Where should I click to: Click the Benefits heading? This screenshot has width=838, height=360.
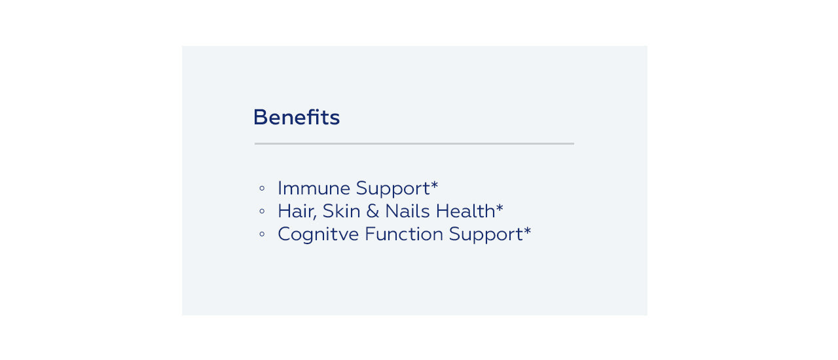pos(297,117)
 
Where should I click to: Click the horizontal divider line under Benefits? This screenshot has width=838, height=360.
pos(414,143)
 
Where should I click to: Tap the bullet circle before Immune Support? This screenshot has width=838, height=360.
pos(262,189)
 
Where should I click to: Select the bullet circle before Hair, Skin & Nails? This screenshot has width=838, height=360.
pos(262,211)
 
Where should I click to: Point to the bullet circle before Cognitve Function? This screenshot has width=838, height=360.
pos(262,234)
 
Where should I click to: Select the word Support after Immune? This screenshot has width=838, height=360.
pos(393,189)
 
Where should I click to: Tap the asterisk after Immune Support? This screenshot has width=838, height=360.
pos(434,185)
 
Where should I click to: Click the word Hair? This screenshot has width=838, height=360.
pos(295,211)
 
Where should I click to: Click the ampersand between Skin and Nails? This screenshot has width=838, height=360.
pos(373,211)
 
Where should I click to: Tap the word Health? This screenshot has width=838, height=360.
pos(465,211)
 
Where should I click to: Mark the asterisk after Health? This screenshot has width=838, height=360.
pos(500,207)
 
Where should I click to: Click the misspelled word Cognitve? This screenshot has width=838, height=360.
pos(318,236)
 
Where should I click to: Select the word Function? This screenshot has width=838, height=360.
pos(404,234)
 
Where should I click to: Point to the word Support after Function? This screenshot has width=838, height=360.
pos(486,236)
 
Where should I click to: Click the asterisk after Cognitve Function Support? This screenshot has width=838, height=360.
pos(527,230)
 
